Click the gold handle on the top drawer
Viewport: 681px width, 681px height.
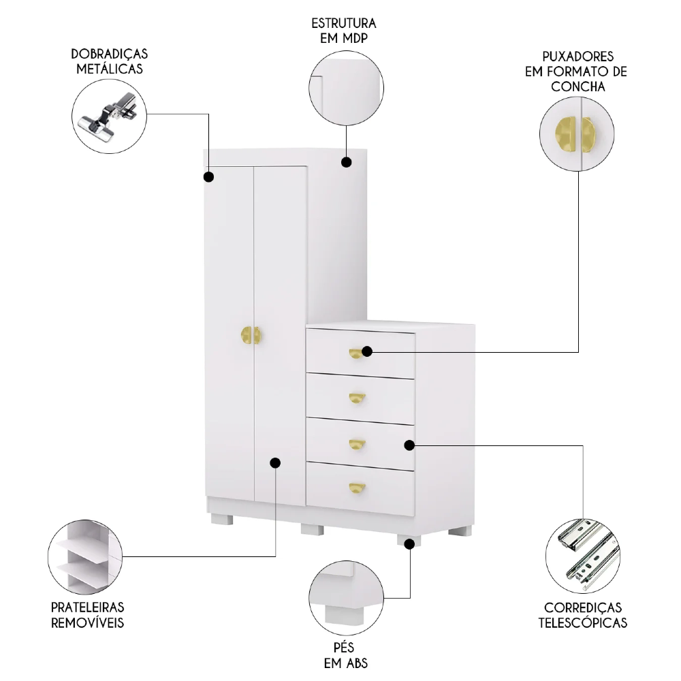click(x=356, y=353)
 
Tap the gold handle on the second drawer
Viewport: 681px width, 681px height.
click(x=357, y=398)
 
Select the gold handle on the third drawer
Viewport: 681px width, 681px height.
click(x=357, y=444)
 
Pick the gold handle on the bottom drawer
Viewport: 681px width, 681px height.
click(x=357, y=487)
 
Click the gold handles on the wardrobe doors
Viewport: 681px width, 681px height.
click(x=251, y=336)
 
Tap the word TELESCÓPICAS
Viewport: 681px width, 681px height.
click(x=583, y=622)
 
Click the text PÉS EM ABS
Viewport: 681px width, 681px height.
click(x=344, y=654)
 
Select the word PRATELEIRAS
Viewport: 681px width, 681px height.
click(x=87, y=607)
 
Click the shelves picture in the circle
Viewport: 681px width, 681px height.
click(x=85, y=556)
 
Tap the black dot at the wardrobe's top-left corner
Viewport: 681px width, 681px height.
click(x=209, y=177)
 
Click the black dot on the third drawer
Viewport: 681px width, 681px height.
click(x=409, y=445)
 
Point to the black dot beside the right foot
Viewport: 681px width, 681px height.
click(x=409, y=543)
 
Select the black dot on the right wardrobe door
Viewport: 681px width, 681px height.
click(x=275, y=463)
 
